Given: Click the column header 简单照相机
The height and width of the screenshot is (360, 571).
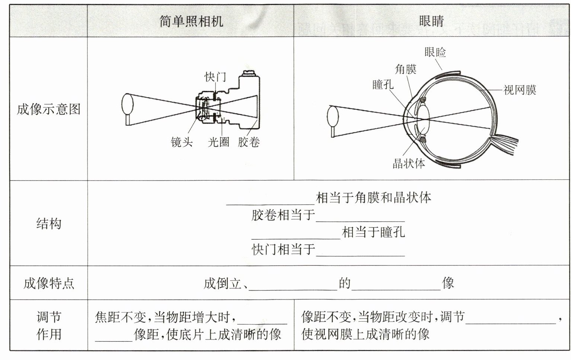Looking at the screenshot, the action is tap(191, 21).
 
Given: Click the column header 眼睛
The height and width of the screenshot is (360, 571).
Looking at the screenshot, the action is tap(431, 21).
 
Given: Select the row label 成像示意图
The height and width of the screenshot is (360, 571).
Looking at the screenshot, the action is tap(49, 109).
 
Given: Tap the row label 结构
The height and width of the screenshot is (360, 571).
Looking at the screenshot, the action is tap(49, 224).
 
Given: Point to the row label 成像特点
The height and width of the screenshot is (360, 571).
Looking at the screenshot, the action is tap(49, 283).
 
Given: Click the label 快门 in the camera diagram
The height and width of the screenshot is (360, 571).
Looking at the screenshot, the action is tap(215, 77).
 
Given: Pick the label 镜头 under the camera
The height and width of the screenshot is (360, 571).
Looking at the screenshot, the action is tap(182, 142).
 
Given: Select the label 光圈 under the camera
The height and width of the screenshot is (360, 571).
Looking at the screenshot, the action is tap(218, 142).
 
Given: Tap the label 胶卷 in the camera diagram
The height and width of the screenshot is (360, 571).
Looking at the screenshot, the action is tap(249, 142).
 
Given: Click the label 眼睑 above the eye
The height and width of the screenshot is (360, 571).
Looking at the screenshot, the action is tap(435, 52).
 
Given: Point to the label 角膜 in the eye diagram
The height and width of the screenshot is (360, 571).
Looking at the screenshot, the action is tap(406, 69).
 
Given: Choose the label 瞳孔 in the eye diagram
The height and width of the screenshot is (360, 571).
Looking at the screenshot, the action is tap(383, 85).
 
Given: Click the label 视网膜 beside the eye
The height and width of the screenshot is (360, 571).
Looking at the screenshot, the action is tap(520, 90).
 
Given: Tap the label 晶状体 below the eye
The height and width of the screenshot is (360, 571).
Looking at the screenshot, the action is tap(409, 163).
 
